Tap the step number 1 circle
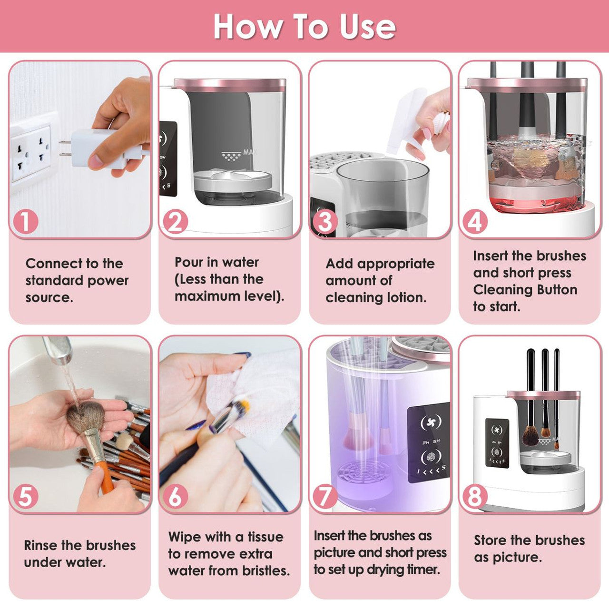click(26, 222)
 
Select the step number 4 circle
click(475, 222)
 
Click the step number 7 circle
click(325, 496)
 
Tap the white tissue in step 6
click(252, 395)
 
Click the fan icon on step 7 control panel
click(431, 422)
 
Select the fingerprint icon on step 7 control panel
click(431, 458)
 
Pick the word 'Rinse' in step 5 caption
click(41, 545)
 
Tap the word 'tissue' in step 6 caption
click(265, 537)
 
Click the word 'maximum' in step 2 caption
click(207, 296)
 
